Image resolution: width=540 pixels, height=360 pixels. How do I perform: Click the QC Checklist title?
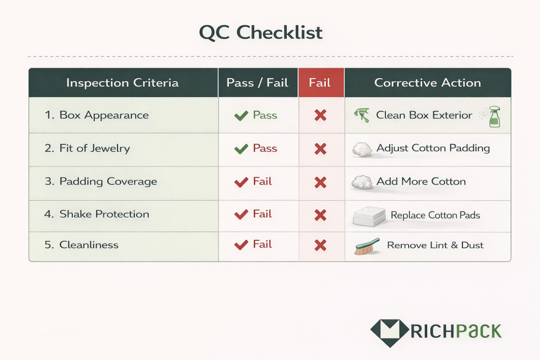pyautogui.click(x=261, y=33)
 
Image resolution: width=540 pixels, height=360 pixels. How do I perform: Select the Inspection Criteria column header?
pyautogui.click(x=122, y=83)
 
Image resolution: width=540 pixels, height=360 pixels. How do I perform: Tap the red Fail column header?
pyautogui.click(x=320, y=83)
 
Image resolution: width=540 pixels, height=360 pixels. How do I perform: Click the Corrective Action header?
pyautogui.click(x=428, y=83)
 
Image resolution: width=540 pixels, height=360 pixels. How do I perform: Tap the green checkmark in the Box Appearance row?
pyautogui.click(x=241, y=115)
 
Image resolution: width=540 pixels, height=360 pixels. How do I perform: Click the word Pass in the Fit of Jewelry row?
pyautogui.click(x=265, y=148)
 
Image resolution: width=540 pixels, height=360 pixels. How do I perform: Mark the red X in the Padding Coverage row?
pyautogui.click(x=320, y=182)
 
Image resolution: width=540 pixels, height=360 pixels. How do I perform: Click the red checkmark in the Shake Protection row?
pyautogui.click(x=241, y=215)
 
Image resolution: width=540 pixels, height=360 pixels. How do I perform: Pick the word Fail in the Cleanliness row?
pyautogui.click(x=262, y=244)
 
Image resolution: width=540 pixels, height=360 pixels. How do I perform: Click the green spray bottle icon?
pyautogui.click(x=494, y=116)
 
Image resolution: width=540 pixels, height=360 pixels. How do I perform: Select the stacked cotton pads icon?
pyautogui.click(x=367, y=216)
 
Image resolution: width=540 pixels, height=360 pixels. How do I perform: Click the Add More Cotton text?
pyautogui.click(x=421, y=181)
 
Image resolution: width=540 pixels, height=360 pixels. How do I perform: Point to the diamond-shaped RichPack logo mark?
pyautogui.click(x=389, y=331)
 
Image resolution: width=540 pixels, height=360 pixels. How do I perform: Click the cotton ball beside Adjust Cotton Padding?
pyautogui.click(x=362, y=149)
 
